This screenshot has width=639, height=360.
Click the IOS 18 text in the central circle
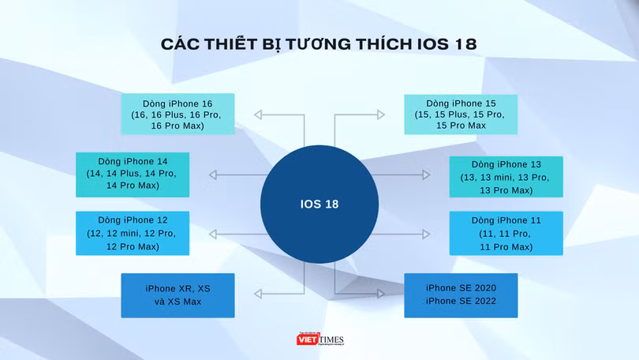click(319, 204)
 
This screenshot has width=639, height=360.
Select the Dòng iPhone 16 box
click(177, 114)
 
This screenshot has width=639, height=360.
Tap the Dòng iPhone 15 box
click(461, 114)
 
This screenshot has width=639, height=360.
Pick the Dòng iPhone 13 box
click(506, 177)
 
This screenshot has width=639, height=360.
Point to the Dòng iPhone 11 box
click(506, 233)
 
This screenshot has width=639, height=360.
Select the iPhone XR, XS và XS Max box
click(177, 295)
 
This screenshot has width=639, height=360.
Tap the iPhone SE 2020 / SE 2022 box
click(461, 295)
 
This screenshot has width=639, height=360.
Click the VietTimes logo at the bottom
click(319, 339)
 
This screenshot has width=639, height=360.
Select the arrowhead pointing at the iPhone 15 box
click(381, 115)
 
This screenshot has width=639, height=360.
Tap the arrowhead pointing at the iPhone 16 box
click(258, 115)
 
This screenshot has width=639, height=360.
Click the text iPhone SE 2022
click(461, 302)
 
